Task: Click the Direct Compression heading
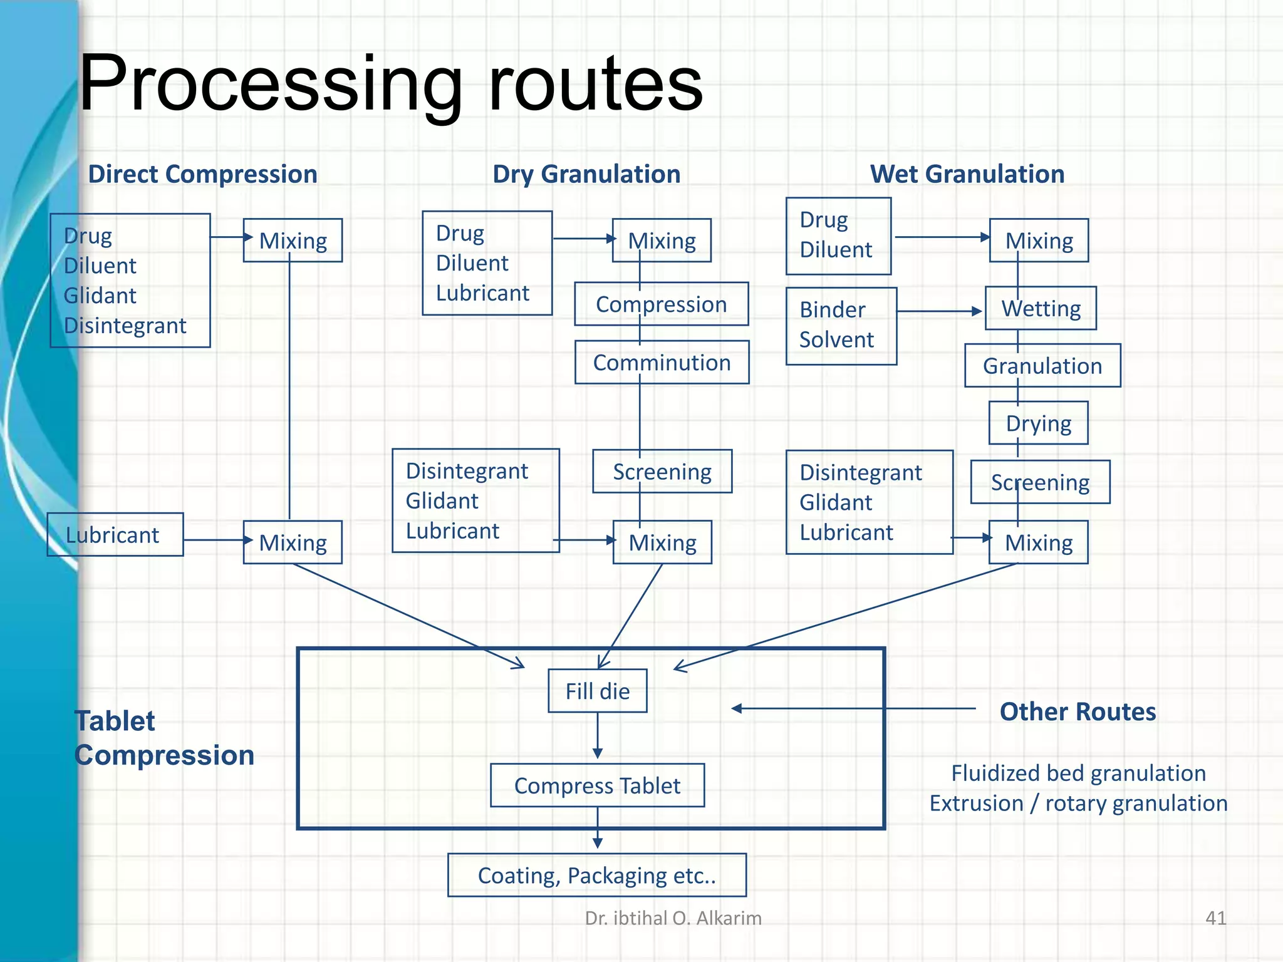click(202, 174)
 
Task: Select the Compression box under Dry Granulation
click(661, 304)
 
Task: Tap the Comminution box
click(662, 363)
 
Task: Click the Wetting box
click(1041, 309)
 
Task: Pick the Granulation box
click(1042, 366)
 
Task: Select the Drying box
click(1038, 423)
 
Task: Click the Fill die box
click(597, 691)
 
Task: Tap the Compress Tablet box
click(597, 785)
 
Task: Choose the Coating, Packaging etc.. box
click(596, 875)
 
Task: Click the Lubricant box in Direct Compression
click(115, 535)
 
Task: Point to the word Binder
click(832, 309)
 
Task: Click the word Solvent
click(836, 339)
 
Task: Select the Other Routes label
click(1078, 712)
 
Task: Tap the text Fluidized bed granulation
click(1078, 773)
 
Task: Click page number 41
click(1215, 918)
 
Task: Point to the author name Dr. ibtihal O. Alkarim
click(673, 918)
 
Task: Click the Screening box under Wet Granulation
click(1040, 482)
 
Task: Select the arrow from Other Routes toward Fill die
click(852, 708)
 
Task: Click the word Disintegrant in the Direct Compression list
click(125, 326)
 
